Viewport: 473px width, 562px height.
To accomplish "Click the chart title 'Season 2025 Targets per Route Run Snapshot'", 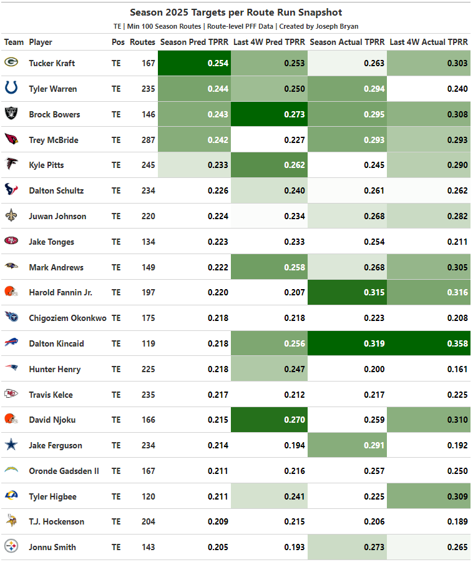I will tap(236, 12).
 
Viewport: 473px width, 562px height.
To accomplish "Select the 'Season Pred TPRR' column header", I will tap(193, 42).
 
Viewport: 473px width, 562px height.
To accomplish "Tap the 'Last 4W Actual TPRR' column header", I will tap(428, 42).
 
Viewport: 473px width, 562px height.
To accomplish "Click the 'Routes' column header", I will tap(142, 42).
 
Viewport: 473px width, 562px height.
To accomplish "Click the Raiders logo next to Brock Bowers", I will tap(11, 114).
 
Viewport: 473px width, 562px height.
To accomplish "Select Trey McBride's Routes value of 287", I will tap(148, 140).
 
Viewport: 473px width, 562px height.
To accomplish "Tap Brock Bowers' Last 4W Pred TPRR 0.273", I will tap(295, 114).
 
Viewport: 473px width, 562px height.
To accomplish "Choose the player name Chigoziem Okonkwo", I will tap(67, 318).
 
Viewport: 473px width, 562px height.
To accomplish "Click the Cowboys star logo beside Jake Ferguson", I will tap(11, 445).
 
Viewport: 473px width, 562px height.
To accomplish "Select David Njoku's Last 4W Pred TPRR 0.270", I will tap(295, 420).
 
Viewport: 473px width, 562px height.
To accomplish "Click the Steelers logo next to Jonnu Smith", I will tap(11, 547).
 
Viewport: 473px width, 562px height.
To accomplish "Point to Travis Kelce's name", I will tap(51, 395).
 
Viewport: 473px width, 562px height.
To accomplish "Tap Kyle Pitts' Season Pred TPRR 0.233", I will tap(217, 165).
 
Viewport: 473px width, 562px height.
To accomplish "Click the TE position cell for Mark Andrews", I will tap(116, 267).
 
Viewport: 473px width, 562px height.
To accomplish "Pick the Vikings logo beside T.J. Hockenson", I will tap(11, 521).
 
